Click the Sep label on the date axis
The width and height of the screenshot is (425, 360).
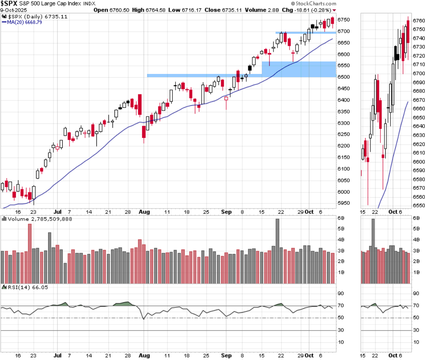click(227, 212)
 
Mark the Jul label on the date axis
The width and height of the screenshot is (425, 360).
click(57, 212)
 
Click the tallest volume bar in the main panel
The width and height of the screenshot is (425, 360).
click(277, 251)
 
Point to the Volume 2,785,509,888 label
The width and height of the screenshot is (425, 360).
click(31, 219)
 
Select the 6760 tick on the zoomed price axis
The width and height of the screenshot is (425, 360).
click(418, 20)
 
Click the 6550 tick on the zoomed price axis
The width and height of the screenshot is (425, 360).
click(418, 206)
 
